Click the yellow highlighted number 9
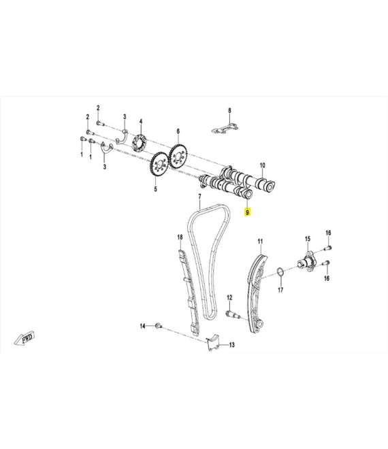(247, 212)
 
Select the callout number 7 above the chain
(199, 197)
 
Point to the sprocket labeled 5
(159, 165)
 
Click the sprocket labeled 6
(178, 156)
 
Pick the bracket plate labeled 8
(225, 129)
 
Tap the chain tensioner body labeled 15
(306, 261)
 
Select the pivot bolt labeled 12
(233, 314)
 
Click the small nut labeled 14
(158, 326)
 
